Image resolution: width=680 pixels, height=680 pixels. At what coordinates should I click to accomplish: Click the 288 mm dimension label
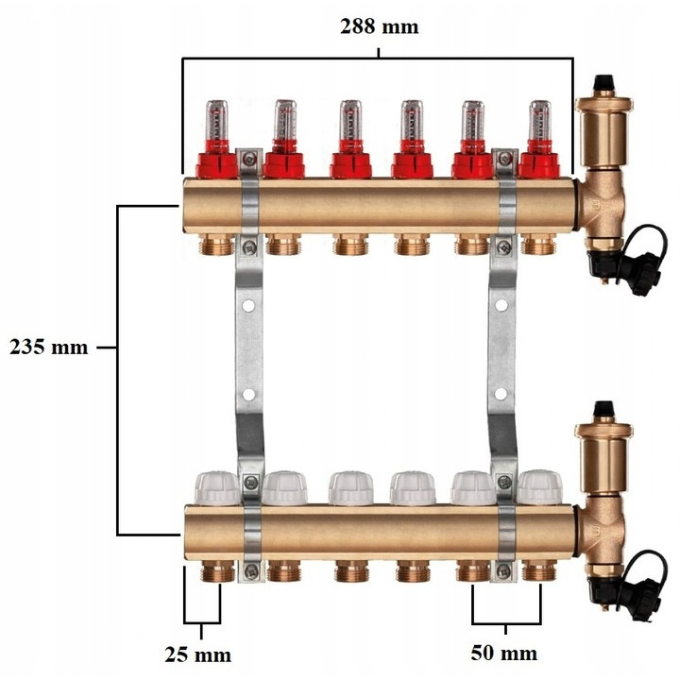(x=379, y=26)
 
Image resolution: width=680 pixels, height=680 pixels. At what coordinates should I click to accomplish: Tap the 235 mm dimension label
(x=48, y=347)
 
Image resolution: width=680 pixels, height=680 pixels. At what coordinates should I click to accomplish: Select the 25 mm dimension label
(x=197, y=654)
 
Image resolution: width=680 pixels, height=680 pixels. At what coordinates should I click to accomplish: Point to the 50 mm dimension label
(x=504, y=654)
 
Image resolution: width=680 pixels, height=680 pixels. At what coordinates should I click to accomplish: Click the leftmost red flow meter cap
(x=217, y=165)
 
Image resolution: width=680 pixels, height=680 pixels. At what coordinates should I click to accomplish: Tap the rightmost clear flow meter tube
(x=539, y=121)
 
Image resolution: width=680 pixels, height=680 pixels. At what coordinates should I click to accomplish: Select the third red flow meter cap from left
(x=350, y=165)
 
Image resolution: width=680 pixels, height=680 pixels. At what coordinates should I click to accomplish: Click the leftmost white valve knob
(x=217, y=489)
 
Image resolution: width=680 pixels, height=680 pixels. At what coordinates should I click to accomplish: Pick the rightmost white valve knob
(x=539, y=488)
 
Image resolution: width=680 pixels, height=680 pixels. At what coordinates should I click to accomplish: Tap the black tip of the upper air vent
(x=603, y=82)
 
